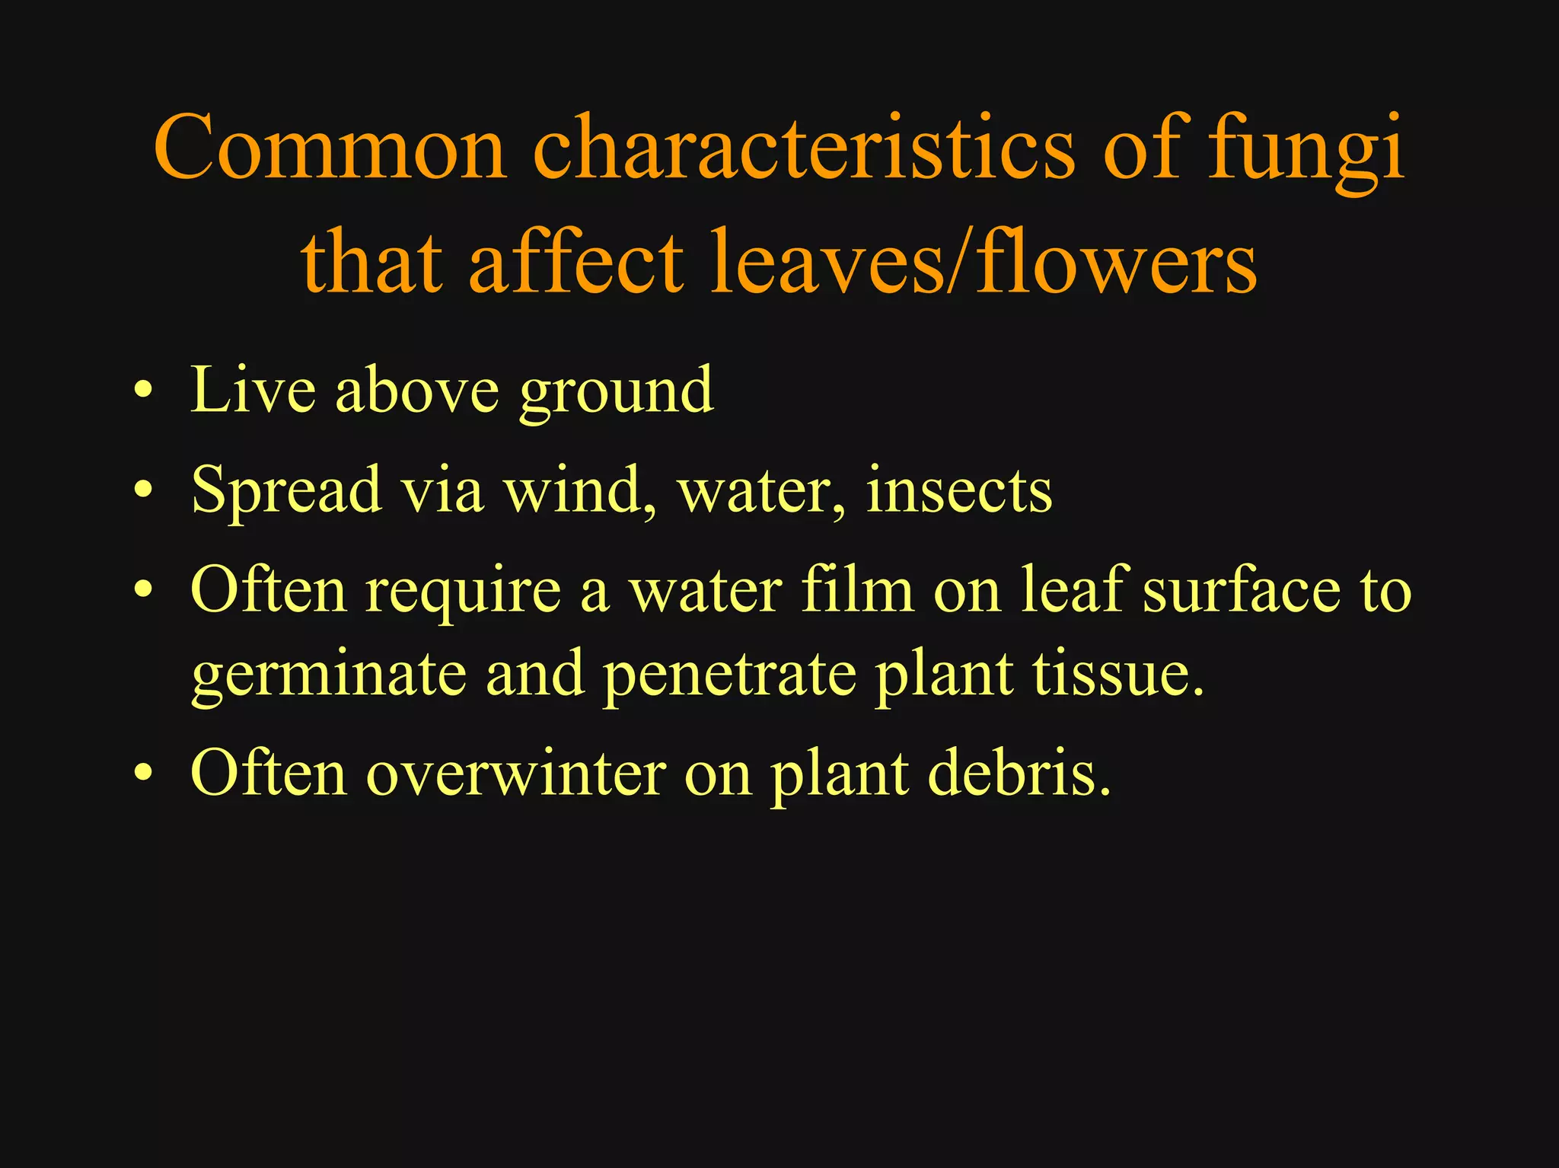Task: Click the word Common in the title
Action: [330, 148]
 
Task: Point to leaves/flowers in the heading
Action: [983, 263]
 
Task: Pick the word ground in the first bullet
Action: [617, 392]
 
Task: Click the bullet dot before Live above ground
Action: [142, 394]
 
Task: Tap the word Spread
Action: [286, 491]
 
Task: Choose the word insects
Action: [959, 491]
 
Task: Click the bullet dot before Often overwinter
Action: [142, 774]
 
